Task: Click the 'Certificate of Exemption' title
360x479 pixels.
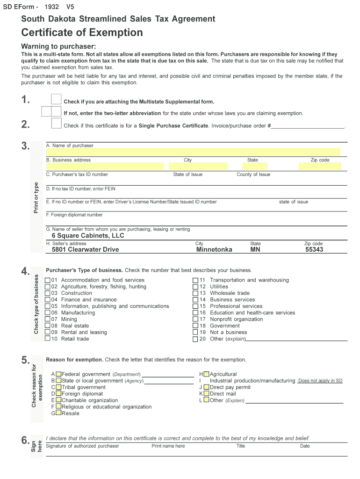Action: click(82, 33)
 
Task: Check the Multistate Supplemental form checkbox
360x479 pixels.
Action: click(56, 99)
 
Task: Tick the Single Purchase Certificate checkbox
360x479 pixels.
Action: click(56, 123)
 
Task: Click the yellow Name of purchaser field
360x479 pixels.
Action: click(196, 152)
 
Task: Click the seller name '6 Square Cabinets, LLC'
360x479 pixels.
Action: click(88, 236)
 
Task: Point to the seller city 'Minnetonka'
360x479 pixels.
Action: click(214, 250)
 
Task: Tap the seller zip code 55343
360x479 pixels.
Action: click(314, 250)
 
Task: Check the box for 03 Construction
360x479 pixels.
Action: click(48, 293)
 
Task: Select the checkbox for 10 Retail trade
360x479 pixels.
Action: click(48, 339)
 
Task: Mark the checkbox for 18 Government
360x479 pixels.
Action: click(195, 326)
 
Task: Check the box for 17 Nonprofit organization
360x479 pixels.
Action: click(195, 319)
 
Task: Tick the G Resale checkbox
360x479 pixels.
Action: click(58, 414)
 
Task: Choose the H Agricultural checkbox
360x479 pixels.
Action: click(206, 374)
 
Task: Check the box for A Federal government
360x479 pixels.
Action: click(58, 374)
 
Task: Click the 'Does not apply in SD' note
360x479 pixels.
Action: click(320, 381)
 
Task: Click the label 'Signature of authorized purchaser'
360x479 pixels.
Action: click(82, 446)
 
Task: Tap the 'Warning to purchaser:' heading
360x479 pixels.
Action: click(59, 46)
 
